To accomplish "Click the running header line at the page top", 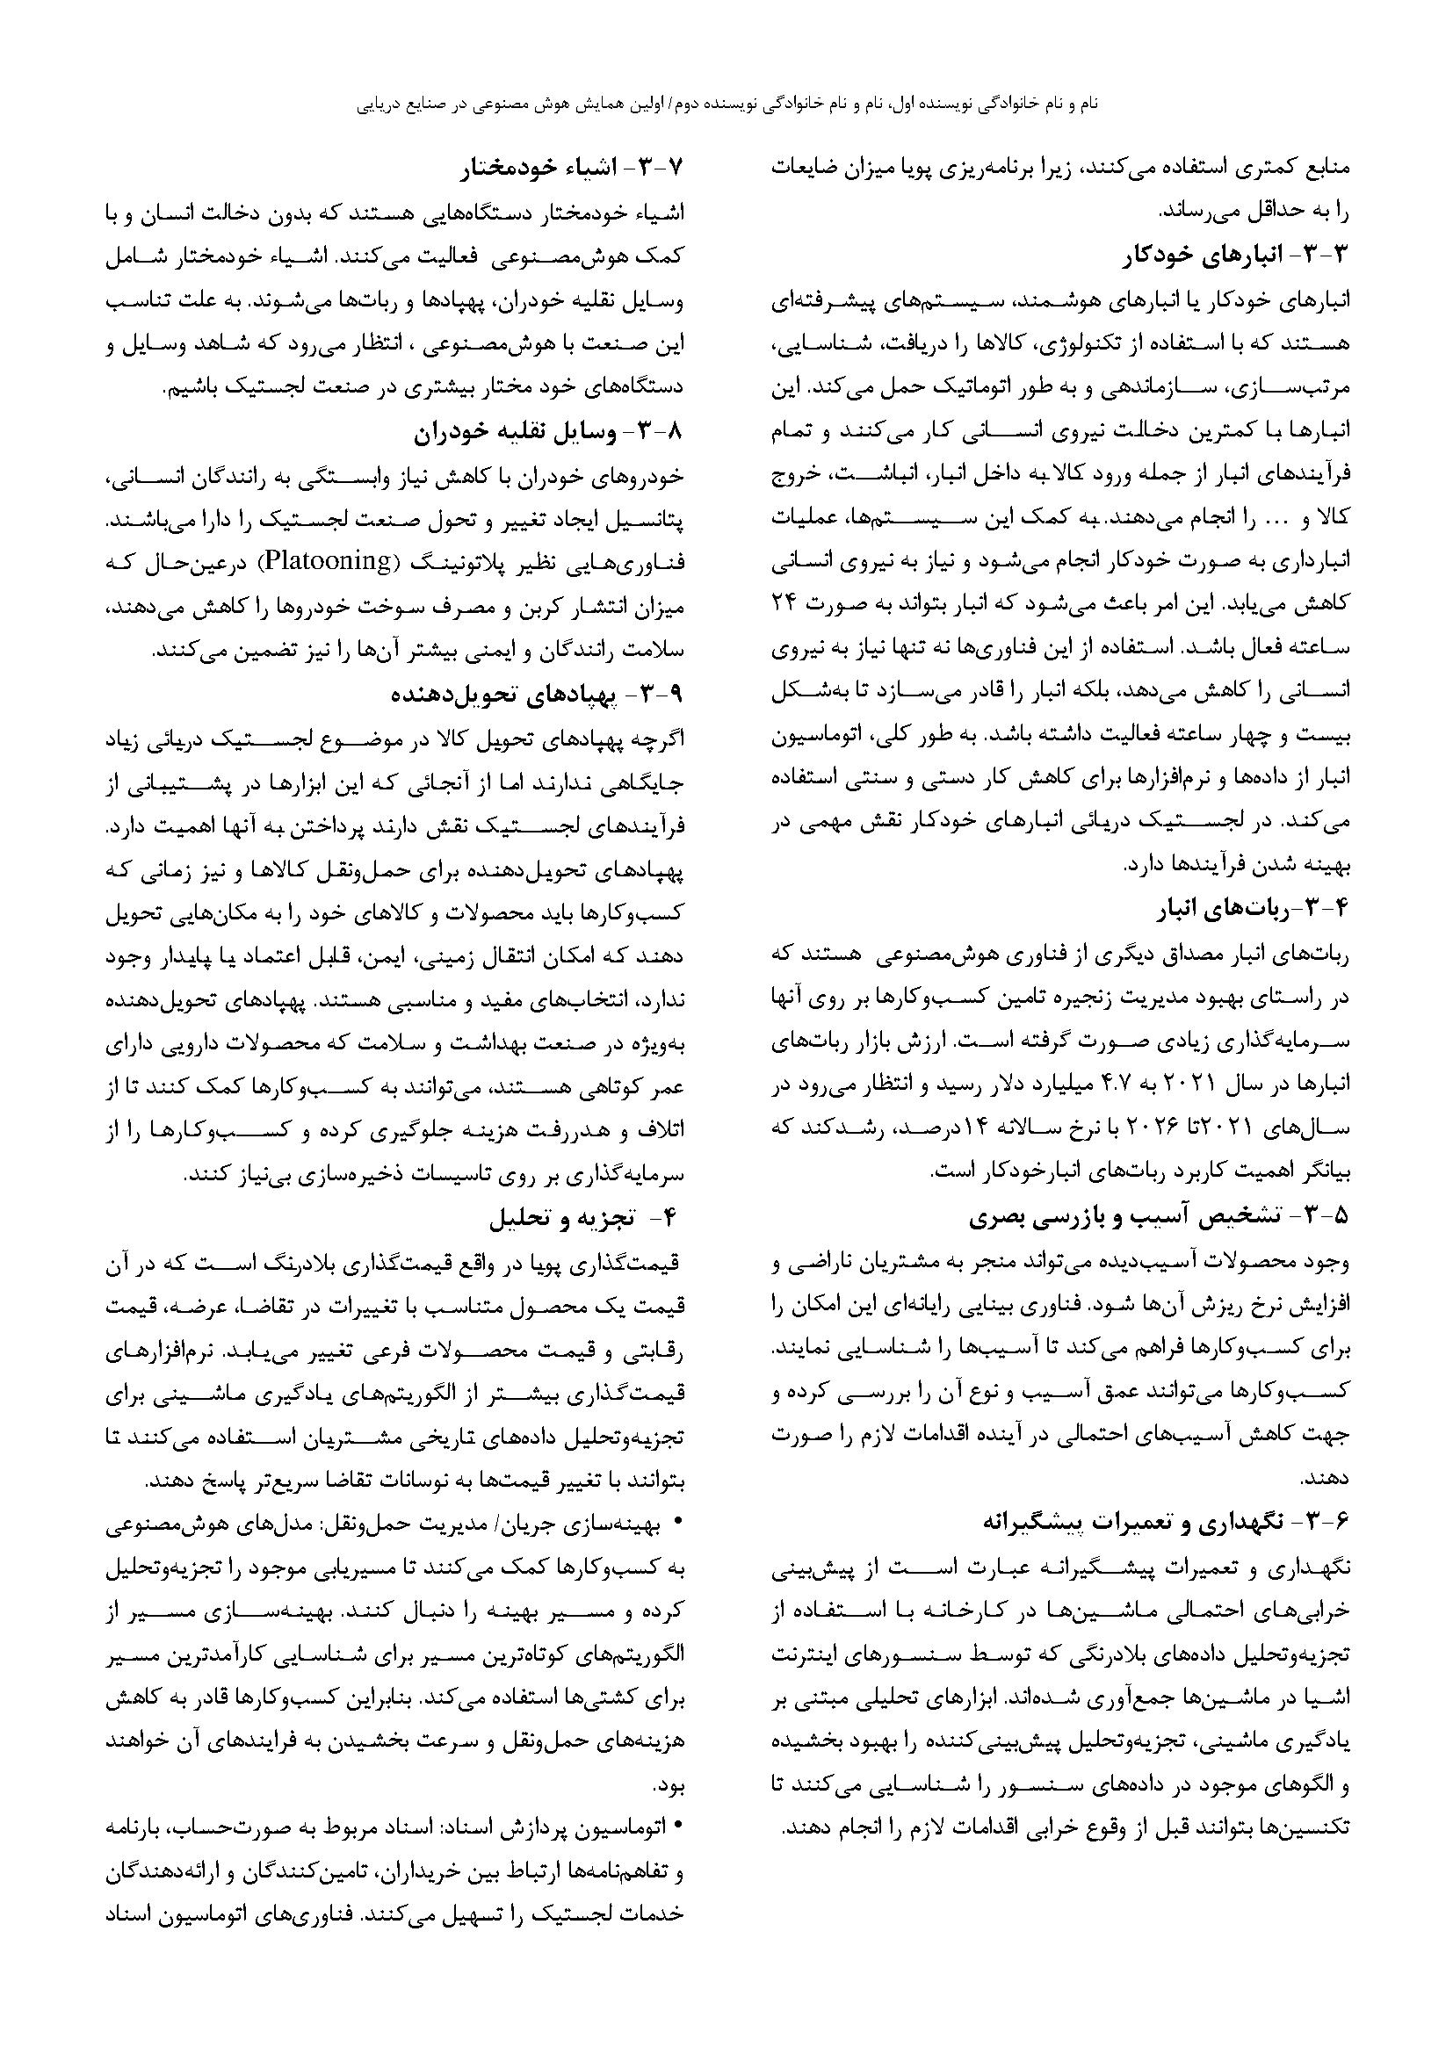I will (x=726, y=104).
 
